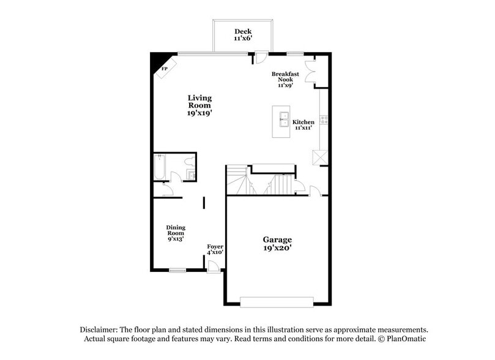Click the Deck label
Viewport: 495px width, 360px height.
coord(242,35)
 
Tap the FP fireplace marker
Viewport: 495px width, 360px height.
coord(165,69)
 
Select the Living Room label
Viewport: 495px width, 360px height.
coord(199,105)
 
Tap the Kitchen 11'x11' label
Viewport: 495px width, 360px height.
coord(303,125)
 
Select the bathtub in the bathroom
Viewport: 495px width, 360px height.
coord(159,167)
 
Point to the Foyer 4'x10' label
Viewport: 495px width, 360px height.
coord(215,249)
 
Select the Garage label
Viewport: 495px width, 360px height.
coord(277,243)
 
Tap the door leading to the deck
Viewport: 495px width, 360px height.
coord(260,59)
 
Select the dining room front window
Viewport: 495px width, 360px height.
coord(177,269)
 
